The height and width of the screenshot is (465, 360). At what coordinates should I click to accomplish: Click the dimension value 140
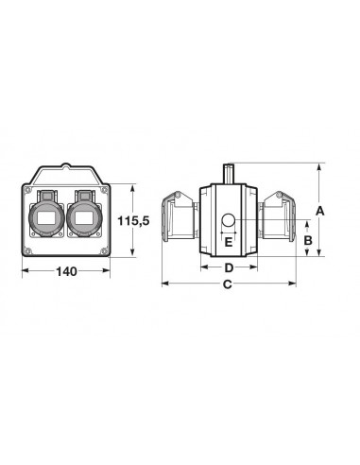66,271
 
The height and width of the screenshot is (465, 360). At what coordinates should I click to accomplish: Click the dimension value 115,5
133,221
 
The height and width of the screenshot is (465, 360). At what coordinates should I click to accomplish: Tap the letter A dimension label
319,211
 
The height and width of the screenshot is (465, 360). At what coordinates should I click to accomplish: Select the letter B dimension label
308,240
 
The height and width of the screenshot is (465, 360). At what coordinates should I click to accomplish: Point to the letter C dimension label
228,284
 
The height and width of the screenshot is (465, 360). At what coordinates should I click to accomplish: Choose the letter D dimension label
229,267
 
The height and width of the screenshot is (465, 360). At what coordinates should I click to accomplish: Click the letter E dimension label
229,242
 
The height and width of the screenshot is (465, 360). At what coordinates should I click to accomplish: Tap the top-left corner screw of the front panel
27,190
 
